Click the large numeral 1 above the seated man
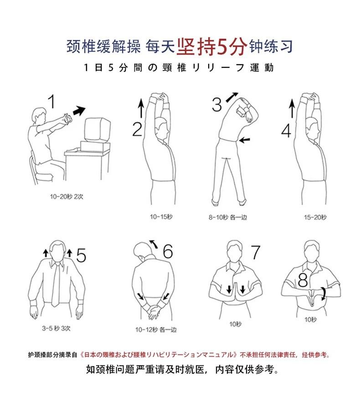(x=52, y=101)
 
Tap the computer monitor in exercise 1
(x=98, y=130)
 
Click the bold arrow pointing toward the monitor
(x=79, y=111)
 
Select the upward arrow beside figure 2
(x=141, y=108)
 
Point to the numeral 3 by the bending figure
(x=217, y=104)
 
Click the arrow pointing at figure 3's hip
(x=244, y=140)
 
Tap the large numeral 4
(x=286, y=131)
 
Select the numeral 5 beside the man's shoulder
(x=81, y=255)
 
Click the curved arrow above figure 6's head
(x=154, y=244)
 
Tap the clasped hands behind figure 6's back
(x=153, y=311)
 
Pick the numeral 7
(x=256, y=252)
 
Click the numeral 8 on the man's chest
(x=303, y=280)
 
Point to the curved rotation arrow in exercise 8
(x=324, y=294)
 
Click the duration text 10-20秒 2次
(x=67, y=196)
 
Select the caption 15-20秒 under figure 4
(x=315, y=217)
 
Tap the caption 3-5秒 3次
(x=56, y=328)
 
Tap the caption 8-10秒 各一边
(x=228, y=217)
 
